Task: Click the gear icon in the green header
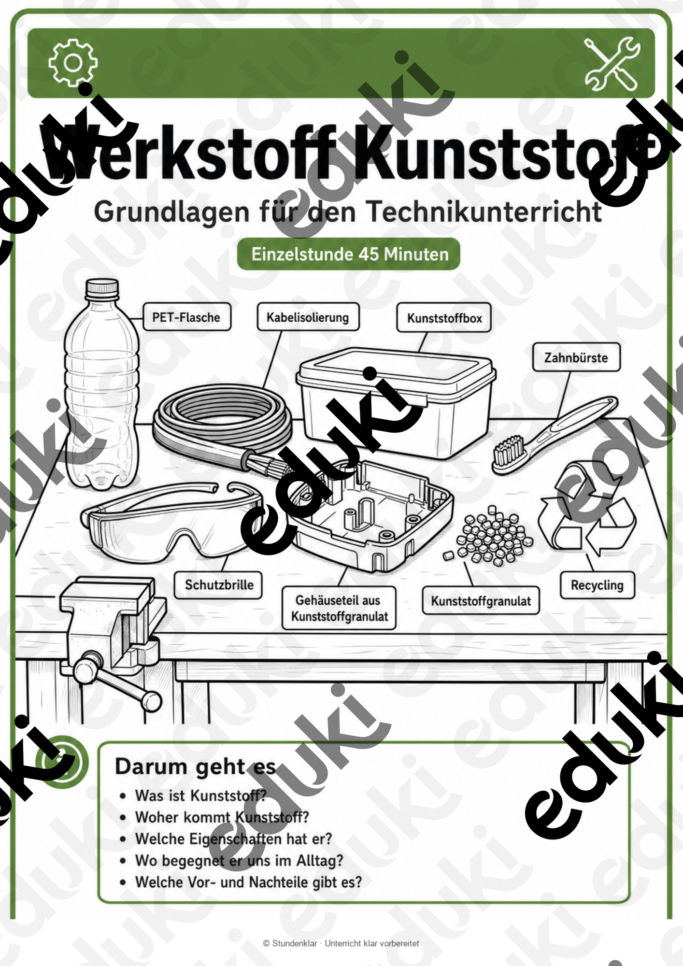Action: tap(73, 63)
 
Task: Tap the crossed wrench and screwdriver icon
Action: tap(612, 63)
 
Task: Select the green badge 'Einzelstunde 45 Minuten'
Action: tap(348, 254)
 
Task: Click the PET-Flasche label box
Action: tap(187, 317)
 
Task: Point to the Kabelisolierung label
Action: tap(308, 317)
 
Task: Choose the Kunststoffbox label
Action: tap(444, 318)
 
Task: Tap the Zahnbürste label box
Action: tap(576, 357)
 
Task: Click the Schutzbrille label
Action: tap(219, 585)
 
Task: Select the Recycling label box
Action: tap(598, 585)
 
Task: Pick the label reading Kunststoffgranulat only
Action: tap(481, 601)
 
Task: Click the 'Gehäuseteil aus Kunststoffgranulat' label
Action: tap(339, 608)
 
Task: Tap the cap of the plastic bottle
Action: tap(102, 288)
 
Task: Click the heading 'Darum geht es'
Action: tap(196, 767)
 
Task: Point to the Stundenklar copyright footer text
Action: tap(341, 943)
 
